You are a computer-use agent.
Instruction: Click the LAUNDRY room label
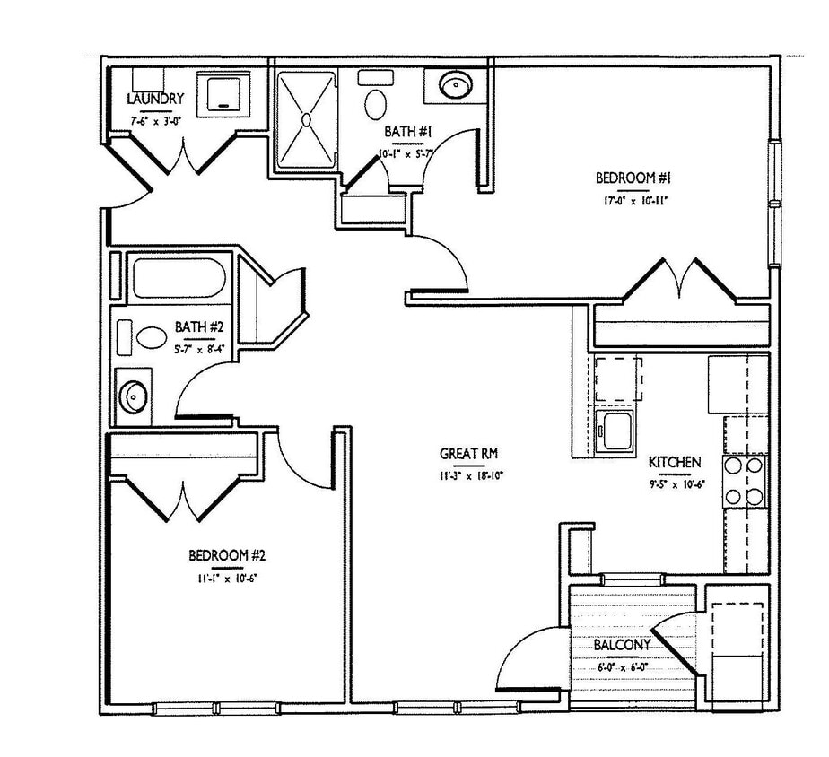[x=155, y=98]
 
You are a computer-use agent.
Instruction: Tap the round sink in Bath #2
[x=134, y=394]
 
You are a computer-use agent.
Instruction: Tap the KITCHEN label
[x=675, y=462]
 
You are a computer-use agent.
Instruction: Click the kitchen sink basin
[x=617, y=431]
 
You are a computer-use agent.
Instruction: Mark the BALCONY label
[x=623, y=645]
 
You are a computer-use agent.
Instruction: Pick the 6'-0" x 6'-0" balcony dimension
[x=623, y=666]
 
